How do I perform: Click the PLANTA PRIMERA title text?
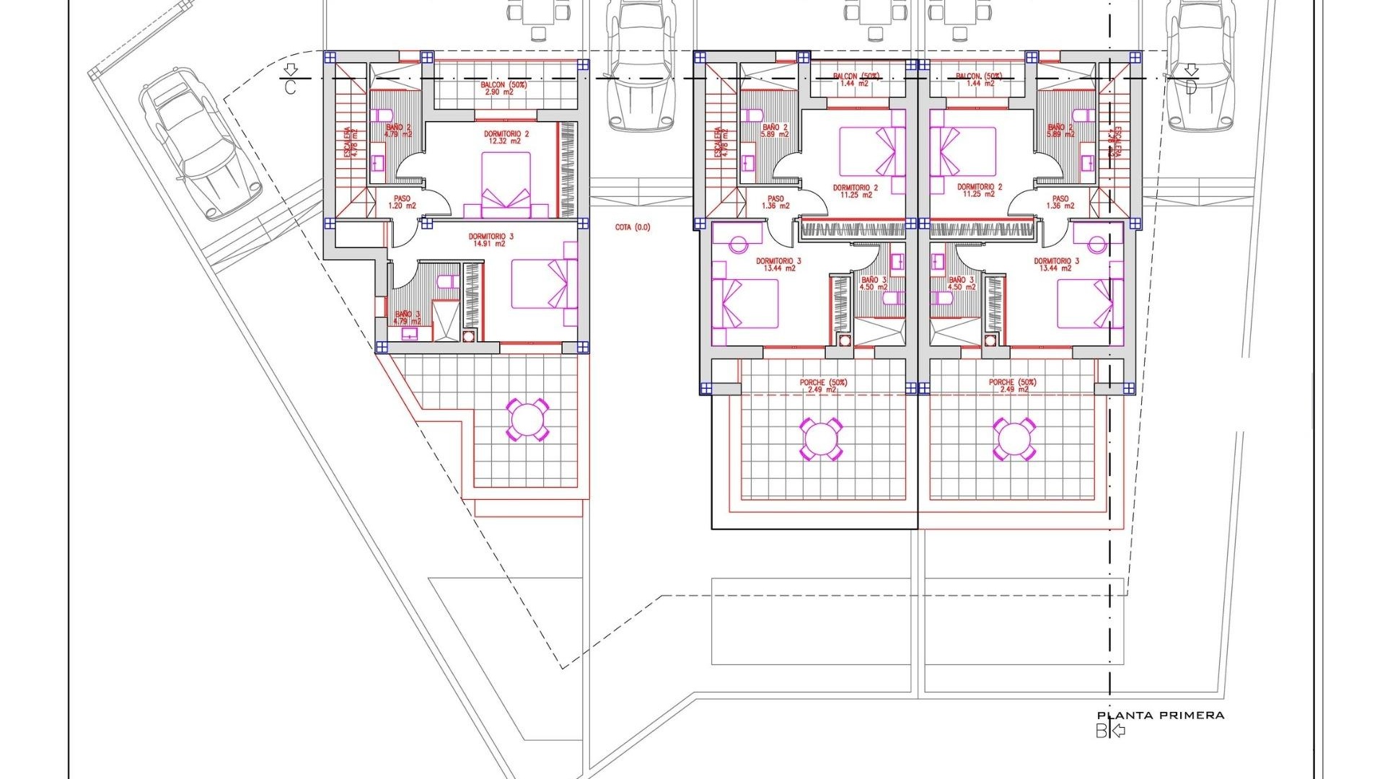point(1161,716)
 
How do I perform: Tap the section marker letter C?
point(290,87)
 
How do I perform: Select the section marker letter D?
point(1191,87)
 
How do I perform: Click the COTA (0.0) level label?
point(633,227)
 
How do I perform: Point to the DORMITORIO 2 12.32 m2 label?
point(506,137)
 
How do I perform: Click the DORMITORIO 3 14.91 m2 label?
point(491,240)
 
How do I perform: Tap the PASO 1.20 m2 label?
point(402,202)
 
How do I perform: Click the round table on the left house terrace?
point(527,420)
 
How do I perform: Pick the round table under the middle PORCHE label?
point(821,439)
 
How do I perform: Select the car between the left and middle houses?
point(640,65)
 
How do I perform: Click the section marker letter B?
point(1102,731)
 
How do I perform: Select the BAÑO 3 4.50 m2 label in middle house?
point(874,283)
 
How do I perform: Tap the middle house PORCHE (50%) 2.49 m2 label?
point(823,386)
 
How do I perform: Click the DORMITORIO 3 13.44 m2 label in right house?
point(1056,265)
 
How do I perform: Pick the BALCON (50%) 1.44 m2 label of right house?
point(978,79)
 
